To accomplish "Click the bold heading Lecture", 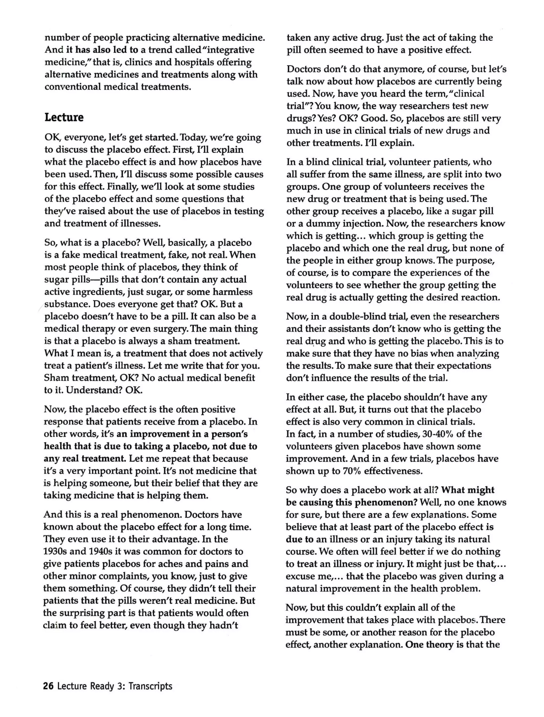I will (x=64, y=117).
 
